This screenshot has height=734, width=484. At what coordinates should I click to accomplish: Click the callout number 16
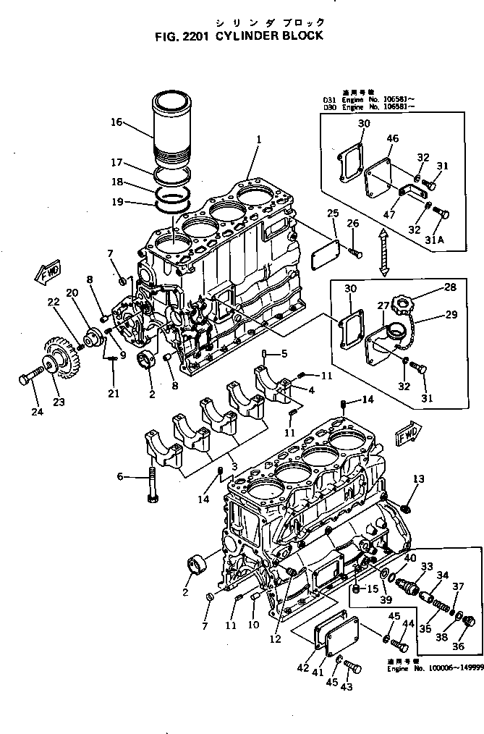[x=116, y=122]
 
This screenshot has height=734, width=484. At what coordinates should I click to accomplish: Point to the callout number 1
[x=258, y=138]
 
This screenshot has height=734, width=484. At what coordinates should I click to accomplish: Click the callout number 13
[x=418, y=478]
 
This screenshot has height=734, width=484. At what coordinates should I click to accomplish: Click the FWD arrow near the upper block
[x=45, y=274]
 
